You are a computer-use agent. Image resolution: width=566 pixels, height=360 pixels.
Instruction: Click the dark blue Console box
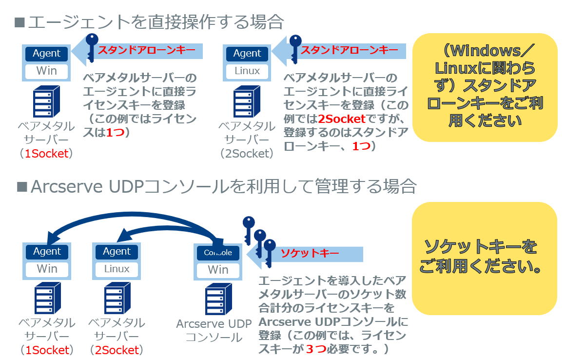(x=218, y=253)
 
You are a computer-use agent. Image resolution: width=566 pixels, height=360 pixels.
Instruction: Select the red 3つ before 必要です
(x=316, y=349)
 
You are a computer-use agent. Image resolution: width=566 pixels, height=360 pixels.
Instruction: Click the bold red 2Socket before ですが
(x=341, y=119)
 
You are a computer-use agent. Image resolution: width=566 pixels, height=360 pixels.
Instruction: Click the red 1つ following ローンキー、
(x=361, y=146)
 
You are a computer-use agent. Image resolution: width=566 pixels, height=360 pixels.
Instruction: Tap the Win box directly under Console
(x=218, y=270)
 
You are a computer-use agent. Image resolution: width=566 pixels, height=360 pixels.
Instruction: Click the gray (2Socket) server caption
(x=246, y=153)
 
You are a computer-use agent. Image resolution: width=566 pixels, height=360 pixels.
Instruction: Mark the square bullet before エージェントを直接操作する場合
(x=20, y=21)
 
